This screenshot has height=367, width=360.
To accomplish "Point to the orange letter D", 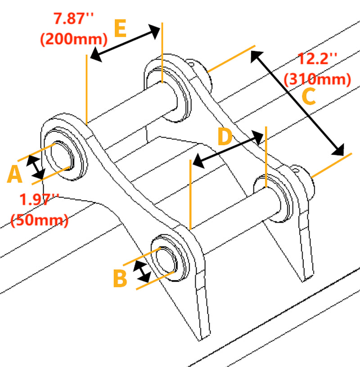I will coord(225,137).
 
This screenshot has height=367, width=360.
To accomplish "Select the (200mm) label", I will coord(73,39).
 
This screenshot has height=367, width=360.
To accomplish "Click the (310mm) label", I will coord(318,80).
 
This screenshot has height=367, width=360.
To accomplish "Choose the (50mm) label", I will coord(39,220).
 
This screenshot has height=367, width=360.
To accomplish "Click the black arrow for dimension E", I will coord(125,43).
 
